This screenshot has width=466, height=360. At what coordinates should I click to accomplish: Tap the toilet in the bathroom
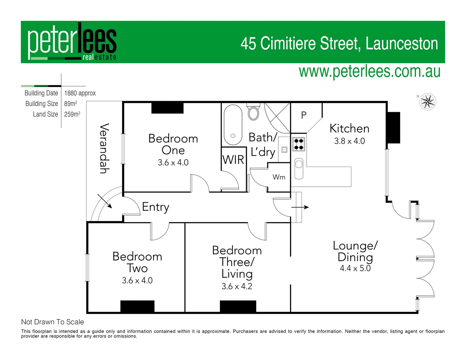coord(254,112)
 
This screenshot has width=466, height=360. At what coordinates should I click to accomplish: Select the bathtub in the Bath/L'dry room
coord(233,125)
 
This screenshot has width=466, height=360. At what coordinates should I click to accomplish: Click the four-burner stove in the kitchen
coord(299,144)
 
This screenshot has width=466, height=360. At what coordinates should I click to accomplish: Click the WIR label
coord(233,160)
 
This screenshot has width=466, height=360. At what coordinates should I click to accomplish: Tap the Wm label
coord(279,177)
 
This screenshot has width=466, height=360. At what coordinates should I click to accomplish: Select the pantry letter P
coord(304,115)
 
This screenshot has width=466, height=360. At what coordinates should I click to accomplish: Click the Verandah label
coord(104,148)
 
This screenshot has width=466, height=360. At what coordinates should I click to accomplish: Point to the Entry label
coord(155,207)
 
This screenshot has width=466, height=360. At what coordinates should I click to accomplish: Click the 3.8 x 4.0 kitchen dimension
coord(349,141)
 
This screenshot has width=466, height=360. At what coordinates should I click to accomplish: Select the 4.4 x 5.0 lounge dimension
coord(355,268)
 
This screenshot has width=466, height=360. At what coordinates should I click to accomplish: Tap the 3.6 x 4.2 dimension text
coord(237,286)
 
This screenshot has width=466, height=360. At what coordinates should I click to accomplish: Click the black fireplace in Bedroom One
coord(167,108)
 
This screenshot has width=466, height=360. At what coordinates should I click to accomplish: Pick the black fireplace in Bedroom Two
coord(137,306)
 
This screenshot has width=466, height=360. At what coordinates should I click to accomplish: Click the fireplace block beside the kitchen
coord(393,128)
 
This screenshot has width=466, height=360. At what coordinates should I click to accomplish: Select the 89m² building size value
coord(71,104)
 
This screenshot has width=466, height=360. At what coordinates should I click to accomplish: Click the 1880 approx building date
coord(80,93)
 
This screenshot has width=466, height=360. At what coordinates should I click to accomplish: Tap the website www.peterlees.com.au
coord(369,72)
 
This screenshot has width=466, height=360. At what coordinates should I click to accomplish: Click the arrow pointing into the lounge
coord(300,207)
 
